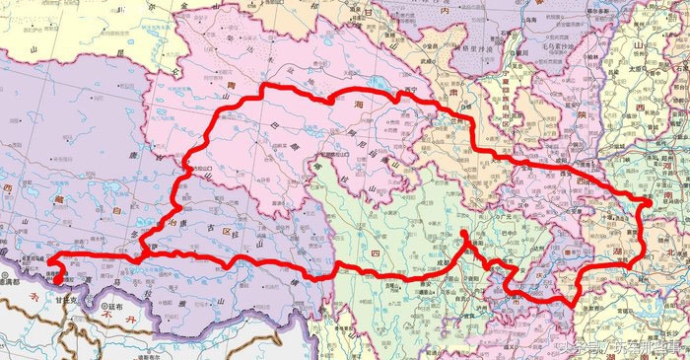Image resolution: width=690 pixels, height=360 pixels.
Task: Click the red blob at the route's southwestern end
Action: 56,280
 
